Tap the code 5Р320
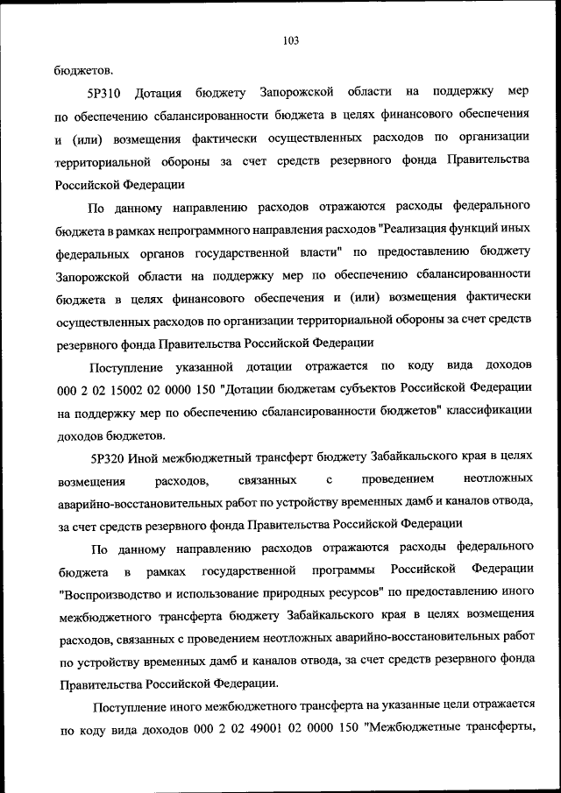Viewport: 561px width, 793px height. point(108,457)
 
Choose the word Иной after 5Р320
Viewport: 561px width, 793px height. point(143,457)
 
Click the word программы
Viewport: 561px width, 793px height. point(352,570)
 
